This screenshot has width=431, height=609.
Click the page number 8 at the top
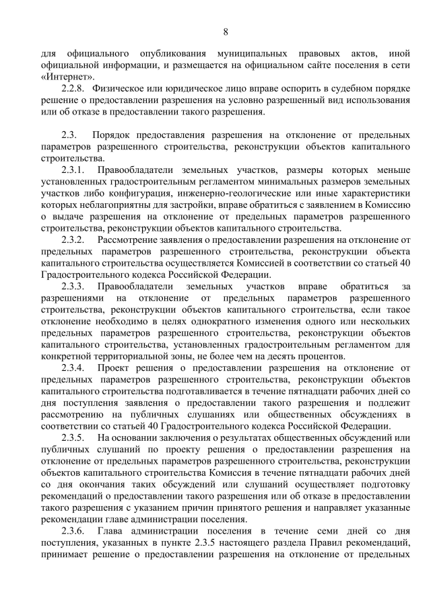(226, 32)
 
